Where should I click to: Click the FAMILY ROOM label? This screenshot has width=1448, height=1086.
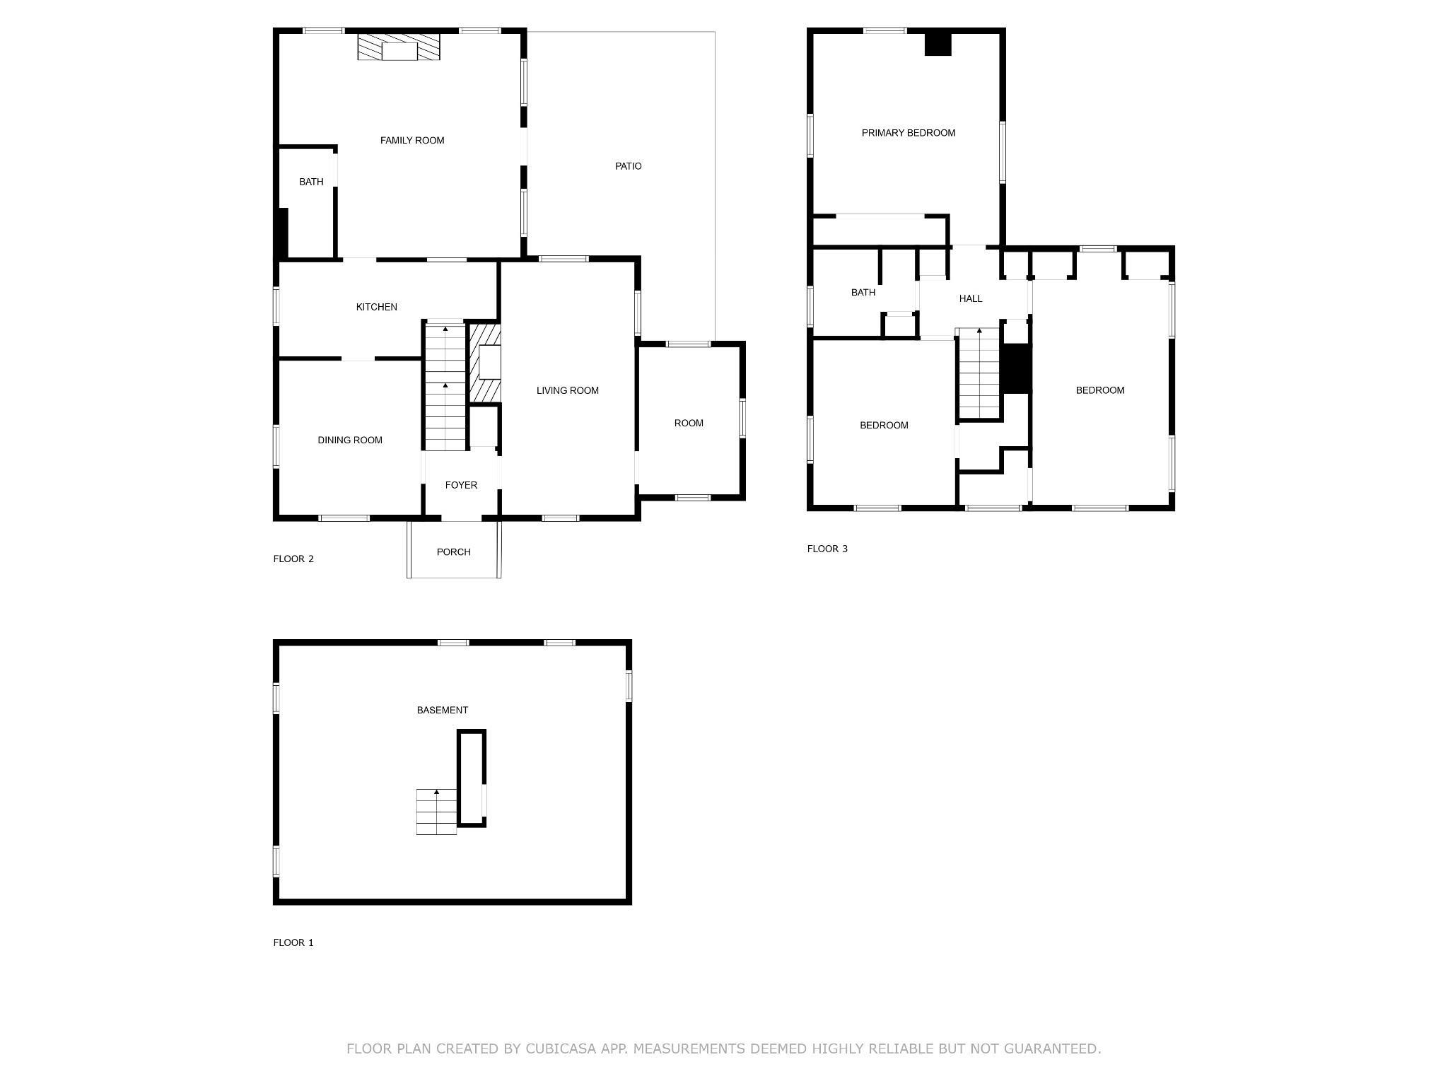(412, 141)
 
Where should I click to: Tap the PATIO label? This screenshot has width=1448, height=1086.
(628, 166)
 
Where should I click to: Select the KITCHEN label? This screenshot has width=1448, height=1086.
(376, 307)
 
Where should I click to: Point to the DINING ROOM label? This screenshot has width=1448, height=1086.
(350, 440)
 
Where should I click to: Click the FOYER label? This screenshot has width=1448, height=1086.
(461, 485)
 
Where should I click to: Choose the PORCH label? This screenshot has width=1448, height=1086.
(453, 552)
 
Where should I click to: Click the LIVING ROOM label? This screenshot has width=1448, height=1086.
(567, 390)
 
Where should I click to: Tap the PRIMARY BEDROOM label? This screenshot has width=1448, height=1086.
(908, 133)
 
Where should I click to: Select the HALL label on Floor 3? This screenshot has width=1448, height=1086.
(971, 298)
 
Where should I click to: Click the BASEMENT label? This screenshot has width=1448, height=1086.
(442, 710)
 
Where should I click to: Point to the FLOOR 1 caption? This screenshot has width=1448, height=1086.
(293, 942)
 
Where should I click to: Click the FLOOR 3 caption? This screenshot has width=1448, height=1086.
(827, 549)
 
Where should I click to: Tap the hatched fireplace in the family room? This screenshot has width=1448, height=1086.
(399, 47)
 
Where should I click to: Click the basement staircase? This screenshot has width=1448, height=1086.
(436, 812)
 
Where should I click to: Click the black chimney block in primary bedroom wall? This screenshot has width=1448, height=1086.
(939, 44)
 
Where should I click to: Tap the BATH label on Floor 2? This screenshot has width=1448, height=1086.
(311, 182)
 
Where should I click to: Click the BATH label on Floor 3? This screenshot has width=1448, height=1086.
(863, 292)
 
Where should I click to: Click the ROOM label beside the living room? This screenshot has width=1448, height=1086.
(688, 423)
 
